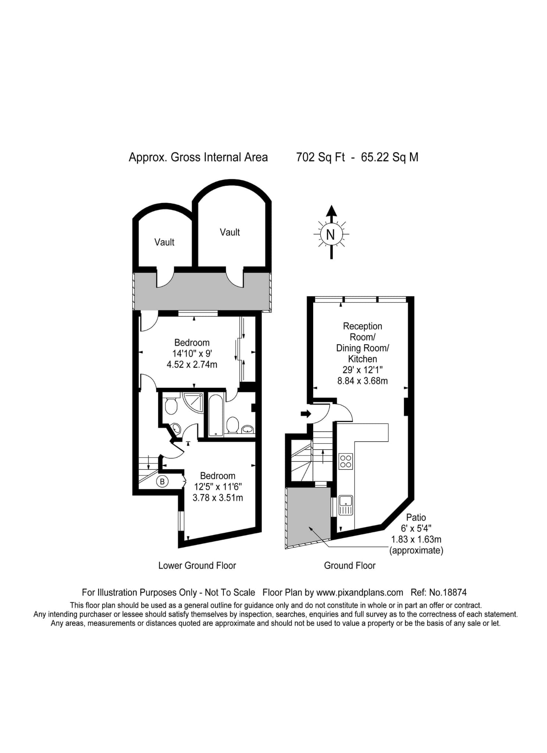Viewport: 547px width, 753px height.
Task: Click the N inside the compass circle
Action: (x=330, y=235)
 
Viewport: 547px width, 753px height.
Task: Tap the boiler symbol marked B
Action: (x=162, y=481)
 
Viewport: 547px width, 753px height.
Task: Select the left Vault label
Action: (x=164, y=242)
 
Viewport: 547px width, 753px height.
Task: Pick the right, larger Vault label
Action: (x=230, y=232)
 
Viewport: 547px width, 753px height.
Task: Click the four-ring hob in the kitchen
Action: (x=346, y=461)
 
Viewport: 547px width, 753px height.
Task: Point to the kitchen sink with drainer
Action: (x=346, y=505)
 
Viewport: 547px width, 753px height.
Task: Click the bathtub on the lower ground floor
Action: (x=215, y=415)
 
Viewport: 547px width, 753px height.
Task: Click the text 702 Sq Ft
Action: (x=321, y=157)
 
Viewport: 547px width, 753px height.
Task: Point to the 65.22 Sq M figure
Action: (x=390, y=157)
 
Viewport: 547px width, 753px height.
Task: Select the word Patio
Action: (x=416, y=517)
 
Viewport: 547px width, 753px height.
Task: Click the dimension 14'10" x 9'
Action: (x=192, y=354)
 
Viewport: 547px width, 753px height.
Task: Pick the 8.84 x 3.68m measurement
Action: (x=362, y=381)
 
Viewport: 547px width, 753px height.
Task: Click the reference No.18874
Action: (x=448, y=592)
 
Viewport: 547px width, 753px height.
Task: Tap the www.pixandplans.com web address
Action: (x=360, y=592)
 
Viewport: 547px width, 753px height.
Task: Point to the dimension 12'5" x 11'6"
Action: (x=218, y=487)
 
